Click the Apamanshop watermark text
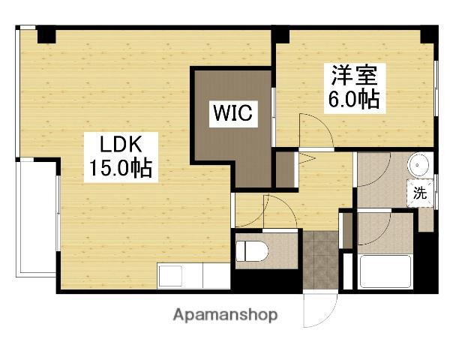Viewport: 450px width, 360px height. [x=225, y=314]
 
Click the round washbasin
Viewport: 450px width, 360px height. [x=418, y=164]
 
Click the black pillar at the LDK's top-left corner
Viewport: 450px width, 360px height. [x=46, y=34]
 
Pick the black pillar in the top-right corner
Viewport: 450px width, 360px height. [x=430, y=34]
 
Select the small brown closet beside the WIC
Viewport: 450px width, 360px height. [x=285, y=171]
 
